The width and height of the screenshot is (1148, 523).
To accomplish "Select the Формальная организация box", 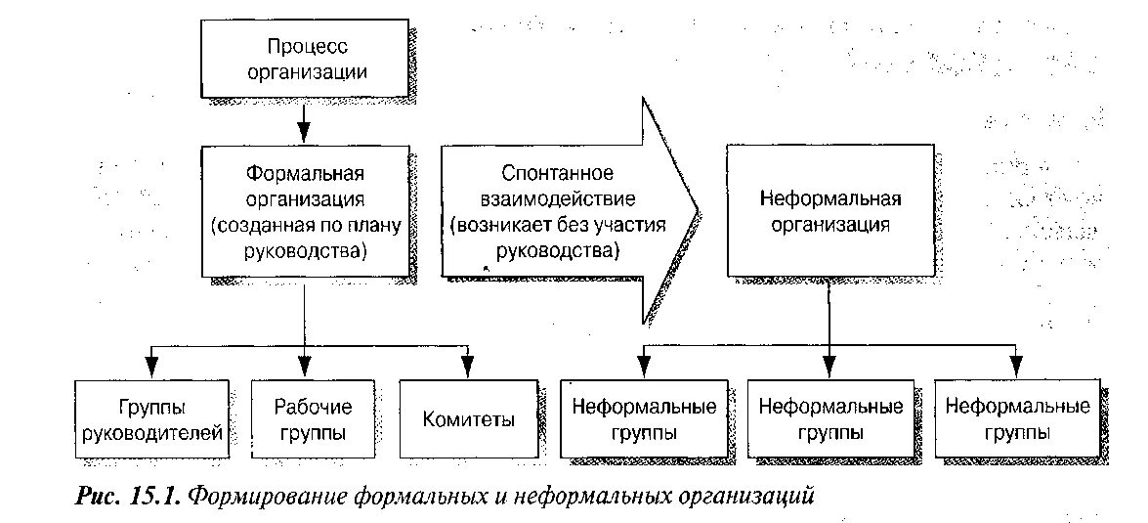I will coord(305,212).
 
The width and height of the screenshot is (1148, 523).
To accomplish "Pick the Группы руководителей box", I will coord(153,419).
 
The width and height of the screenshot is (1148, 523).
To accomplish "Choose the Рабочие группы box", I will coord(313,419).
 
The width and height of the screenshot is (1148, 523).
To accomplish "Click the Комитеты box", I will coord(469,419).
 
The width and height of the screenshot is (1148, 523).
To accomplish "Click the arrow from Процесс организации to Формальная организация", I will coord(305,122).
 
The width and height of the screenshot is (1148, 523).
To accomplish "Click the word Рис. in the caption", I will coord(97,497).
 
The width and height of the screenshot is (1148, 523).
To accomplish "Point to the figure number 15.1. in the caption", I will coord(151,497).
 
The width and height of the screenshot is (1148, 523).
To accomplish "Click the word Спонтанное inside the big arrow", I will coord(558,174).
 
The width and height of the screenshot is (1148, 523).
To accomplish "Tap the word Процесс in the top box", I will coord(307,46).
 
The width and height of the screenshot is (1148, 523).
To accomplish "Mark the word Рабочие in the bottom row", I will coord(313,407).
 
